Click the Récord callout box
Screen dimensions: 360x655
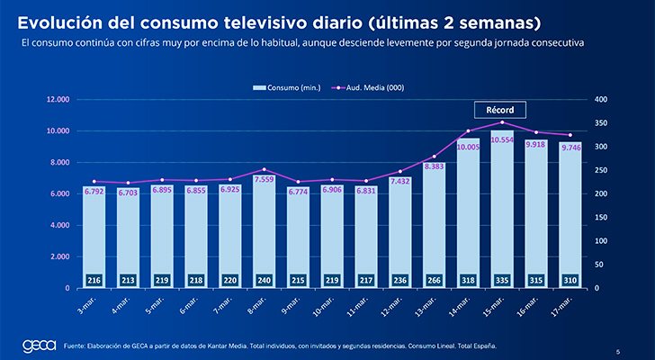click(499, 110)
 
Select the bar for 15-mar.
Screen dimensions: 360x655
click(502, 211)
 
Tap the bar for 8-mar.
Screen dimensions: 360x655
click(264, 225)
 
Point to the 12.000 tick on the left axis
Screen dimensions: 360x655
click(58, 100)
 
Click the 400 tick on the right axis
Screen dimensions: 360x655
click(602, 100)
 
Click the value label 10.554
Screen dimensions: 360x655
click(502, 140)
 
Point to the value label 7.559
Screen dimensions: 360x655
click(264, 178)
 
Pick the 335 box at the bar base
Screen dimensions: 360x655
click(502, 281)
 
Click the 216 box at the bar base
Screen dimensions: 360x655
click(94, 281)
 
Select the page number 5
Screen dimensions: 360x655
click(617, 351)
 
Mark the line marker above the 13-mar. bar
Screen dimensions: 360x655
click(434, 157)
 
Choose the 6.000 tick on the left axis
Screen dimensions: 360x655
click(59, 194)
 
